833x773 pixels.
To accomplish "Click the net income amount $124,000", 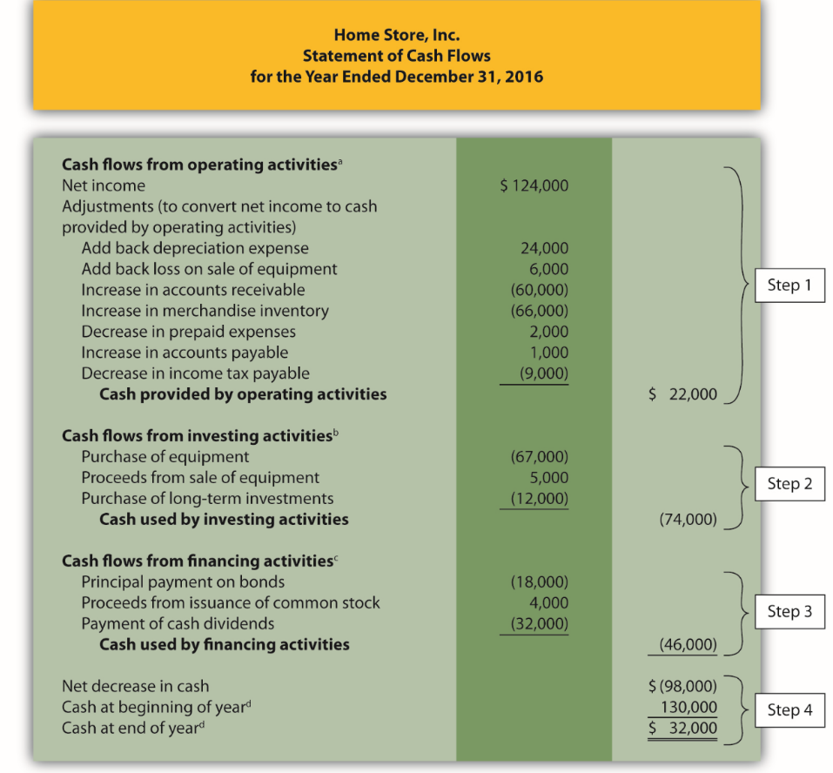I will click(x=534, y=185).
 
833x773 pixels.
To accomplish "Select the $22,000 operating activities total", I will click(x=683, y=394).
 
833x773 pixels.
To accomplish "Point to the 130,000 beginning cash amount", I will click(x=689, y=707).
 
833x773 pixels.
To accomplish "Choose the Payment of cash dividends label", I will click(x=178, y=623).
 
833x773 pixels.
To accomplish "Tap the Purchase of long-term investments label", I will click(x=207, y=499).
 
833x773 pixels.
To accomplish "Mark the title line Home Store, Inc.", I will click(x=396, y=36).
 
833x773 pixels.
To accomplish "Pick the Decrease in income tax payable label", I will click(x=195, y=373).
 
